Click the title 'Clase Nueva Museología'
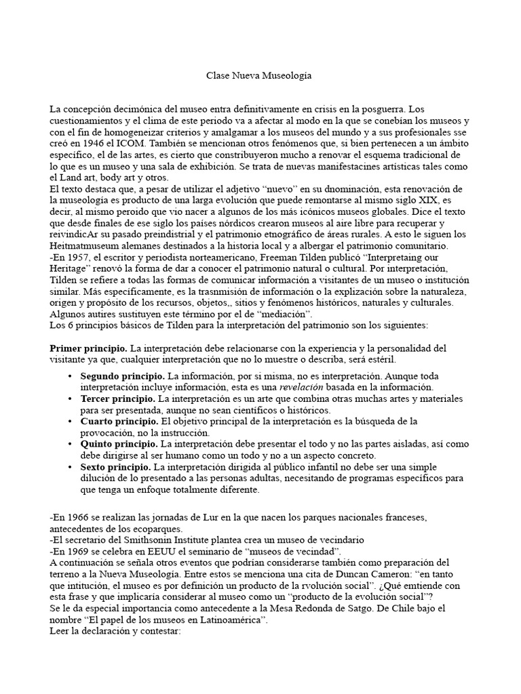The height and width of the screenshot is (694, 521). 259,77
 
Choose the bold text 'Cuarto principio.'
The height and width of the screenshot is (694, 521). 118,422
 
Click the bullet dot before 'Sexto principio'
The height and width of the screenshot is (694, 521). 71,468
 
